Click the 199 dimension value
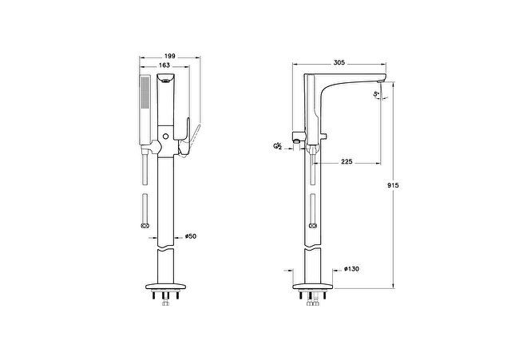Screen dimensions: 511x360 (x=169, y=56)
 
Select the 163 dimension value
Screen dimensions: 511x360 (x=164, y=65)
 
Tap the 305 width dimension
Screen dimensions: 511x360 (x=339, y=62)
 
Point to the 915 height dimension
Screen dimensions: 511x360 (x=394, y=185)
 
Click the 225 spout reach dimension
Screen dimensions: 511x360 (x=347, y=161)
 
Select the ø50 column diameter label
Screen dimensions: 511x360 (x=191, y=236)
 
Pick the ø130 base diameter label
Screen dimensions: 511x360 (x=351, y=269)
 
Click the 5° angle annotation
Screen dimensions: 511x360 (x=376, y=94)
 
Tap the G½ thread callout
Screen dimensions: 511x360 (x=277, y=146)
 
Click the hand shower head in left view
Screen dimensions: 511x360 (x=145, y=110)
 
